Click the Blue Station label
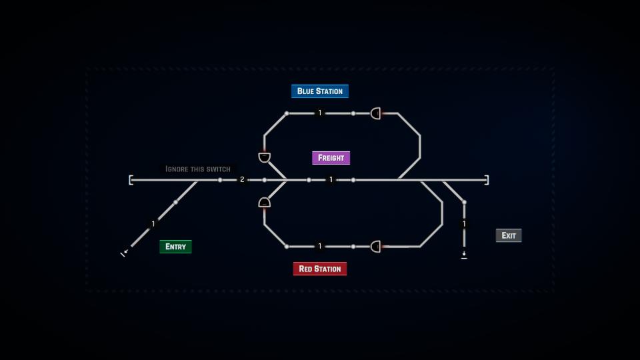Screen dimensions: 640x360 tap(320, 91)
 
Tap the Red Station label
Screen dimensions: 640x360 tap(320, 269)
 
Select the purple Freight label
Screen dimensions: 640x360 tap(331, 157)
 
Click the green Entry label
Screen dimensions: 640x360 tap(175, 247)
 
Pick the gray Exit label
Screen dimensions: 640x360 tap(509, 235)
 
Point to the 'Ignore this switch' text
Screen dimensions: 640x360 tap(198, 169)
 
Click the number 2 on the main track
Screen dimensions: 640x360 tap(242, 179)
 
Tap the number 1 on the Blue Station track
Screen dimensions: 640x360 tap(320, 113)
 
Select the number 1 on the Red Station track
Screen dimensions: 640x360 tap(320, 246)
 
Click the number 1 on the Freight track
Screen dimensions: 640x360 tap(331, 179)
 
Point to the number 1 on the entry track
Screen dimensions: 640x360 tap(153, 224)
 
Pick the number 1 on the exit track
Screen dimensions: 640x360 tap(464, 224)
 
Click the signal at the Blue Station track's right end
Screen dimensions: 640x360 tap(376, 113)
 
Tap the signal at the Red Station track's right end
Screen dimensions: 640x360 tap(376, 247)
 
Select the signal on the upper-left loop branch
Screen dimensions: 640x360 tap(265, 157)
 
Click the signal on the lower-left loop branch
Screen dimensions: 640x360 tap(265, 202)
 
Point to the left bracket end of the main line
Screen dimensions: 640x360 tap(131, 180)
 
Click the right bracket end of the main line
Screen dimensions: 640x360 tap(487, 180)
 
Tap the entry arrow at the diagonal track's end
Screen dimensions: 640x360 tap(124, 253)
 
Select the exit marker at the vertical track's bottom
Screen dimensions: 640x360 tap(464, 255)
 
